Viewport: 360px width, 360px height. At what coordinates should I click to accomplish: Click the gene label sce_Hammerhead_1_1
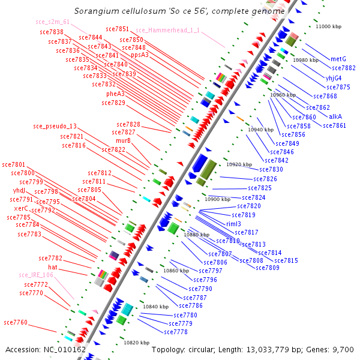(x=168, y=30)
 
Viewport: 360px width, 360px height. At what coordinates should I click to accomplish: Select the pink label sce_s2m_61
(x=52, y=22)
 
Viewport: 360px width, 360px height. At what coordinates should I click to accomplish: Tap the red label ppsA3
(x=140, y=55)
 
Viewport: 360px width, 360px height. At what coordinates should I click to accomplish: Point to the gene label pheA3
(x=116, y=94)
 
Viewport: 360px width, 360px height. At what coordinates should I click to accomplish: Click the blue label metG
(x=338, y=59)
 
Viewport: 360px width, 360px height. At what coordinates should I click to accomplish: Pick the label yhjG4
(x=334, y=78)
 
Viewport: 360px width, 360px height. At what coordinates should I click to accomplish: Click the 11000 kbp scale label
(x=328, y=27)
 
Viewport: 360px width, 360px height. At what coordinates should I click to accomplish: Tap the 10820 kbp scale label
(x=136, y=343)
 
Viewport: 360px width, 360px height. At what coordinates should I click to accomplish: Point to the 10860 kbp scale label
(x=176, y=271)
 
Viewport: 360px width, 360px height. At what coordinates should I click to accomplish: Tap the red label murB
(x=123, y=140)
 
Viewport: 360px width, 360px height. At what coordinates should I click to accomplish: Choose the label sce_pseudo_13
(x=55, y=127)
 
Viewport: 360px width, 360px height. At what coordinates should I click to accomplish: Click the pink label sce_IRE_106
(x=36, y=275)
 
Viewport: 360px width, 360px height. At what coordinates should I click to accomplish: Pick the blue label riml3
(x=233, y=224)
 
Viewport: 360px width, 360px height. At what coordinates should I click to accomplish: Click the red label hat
(x=53, y=266)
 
